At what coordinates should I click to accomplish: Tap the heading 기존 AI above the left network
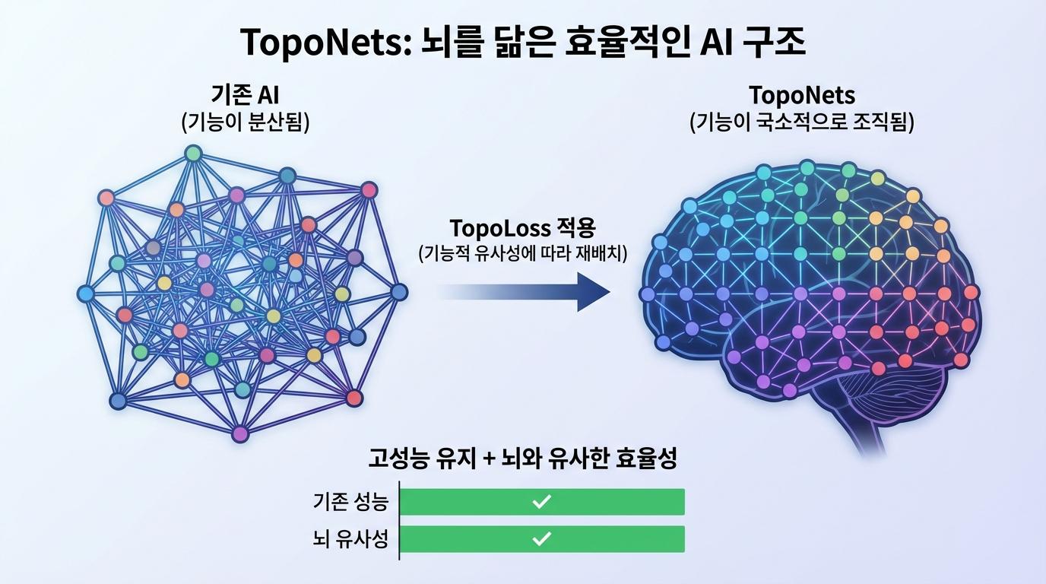245,96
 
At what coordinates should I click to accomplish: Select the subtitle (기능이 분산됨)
245,122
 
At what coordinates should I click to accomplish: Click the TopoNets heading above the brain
801,96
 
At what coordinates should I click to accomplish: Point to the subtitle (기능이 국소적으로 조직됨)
801,122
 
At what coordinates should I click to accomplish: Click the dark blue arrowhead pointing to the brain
593,292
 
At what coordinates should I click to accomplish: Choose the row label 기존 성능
350,502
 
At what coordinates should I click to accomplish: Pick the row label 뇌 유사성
350,539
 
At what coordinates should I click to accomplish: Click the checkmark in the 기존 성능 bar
541,502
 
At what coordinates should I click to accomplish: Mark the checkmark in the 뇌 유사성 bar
541,539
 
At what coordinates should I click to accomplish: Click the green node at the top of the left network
194,153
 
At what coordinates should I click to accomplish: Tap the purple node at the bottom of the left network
240,434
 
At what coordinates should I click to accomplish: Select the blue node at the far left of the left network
86,293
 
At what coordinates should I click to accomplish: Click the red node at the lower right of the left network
354,397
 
